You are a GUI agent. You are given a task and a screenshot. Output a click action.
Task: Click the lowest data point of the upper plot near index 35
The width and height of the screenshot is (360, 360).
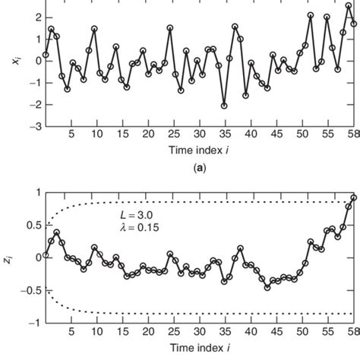pyautogui.click(x=224, y=106)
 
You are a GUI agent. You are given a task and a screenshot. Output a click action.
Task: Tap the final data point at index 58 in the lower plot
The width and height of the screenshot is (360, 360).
pyautogui.click(x=353, y=198)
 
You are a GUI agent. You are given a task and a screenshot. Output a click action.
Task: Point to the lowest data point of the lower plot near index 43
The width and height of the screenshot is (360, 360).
pyautogui.click(x=267, y=287)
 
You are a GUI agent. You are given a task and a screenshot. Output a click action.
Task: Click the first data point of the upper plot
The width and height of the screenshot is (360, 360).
pyautogui.click(x=46, y=55)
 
